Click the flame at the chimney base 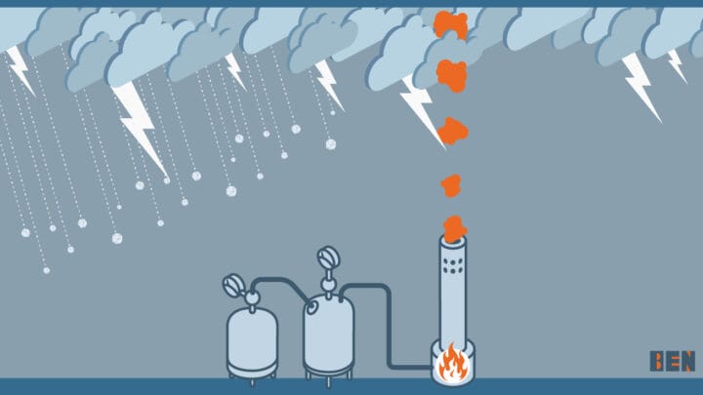point(451,364)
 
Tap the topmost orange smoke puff point(450,25)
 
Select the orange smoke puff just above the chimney point(454,227)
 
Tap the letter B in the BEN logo point(657,362)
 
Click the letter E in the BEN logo point(672,362)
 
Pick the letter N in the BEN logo point(686,362)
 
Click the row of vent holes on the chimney point(453,264)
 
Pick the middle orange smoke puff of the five point(451,130)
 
